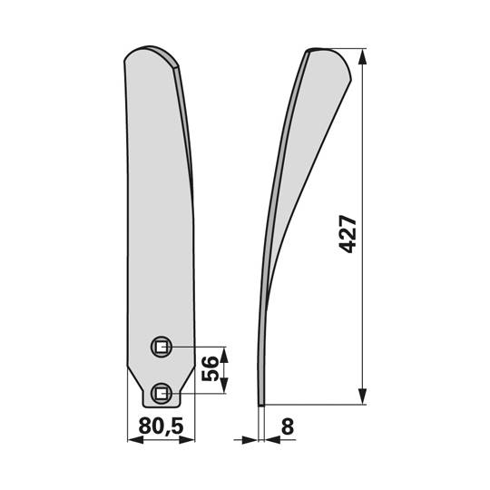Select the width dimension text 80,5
(x=161, y=424)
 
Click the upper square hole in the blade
(x=161, y=346)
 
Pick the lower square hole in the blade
(x=161, y=392)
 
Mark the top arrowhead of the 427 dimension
(x=365, y=57)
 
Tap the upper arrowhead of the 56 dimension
(x=224, y=351)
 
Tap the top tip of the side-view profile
(x=313, y=51)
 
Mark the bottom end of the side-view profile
(x=261, y=404)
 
